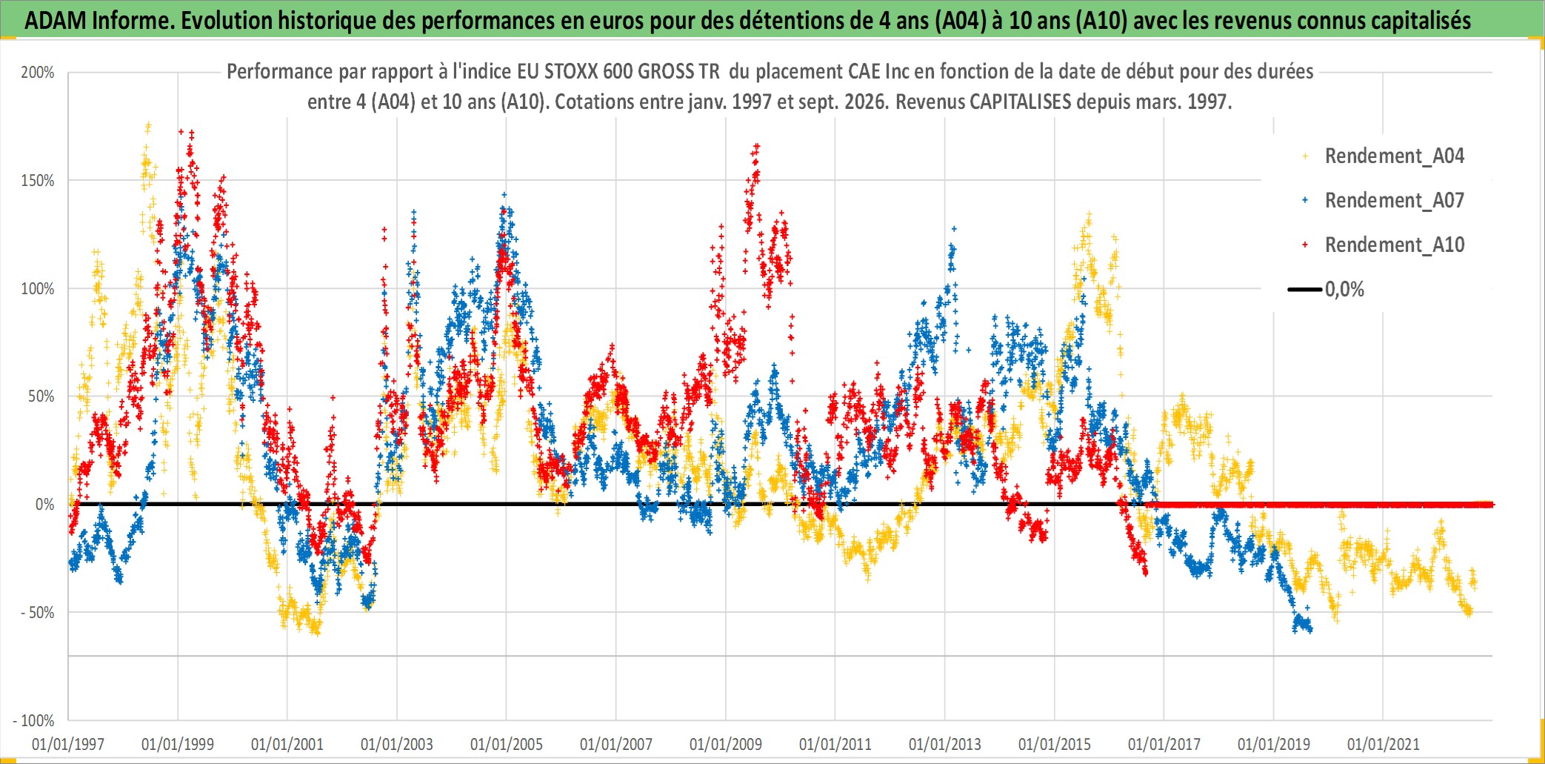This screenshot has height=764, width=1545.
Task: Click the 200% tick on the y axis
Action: (38, 73)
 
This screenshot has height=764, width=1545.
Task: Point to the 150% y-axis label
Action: (38, 181)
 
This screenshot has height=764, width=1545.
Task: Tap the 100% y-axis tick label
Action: (38, 289)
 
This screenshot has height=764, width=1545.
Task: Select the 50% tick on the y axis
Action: (41, 396)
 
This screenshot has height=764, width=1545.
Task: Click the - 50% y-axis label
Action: (38, 613)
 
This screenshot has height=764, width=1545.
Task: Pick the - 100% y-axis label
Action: (34, 720)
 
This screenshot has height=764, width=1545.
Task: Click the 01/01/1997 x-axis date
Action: (68, 744)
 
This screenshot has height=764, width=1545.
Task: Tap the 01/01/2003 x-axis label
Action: (397, 744)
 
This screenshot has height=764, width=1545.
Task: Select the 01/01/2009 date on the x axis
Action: (726, 744)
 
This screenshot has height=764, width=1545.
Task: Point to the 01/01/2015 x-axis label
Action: (1055, 744)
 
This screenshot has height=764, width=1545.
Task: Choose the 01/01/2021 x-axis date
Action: (1384, 744)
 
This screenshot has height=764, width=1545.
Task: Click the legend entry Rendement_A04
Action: (1395, 156)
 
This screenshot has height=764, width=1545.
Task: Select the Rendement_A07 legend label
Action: (1395, 201)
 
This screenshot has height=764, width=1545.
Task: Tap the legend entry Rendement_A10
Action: (1395, 245)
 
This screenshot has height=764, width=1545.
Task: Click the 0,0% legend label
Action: (1344, 290)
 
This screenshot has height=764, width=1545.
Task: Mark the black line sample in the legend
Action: (1305, 289)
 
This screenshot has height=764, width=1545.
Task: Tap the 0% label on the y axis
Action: (45, 505)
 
